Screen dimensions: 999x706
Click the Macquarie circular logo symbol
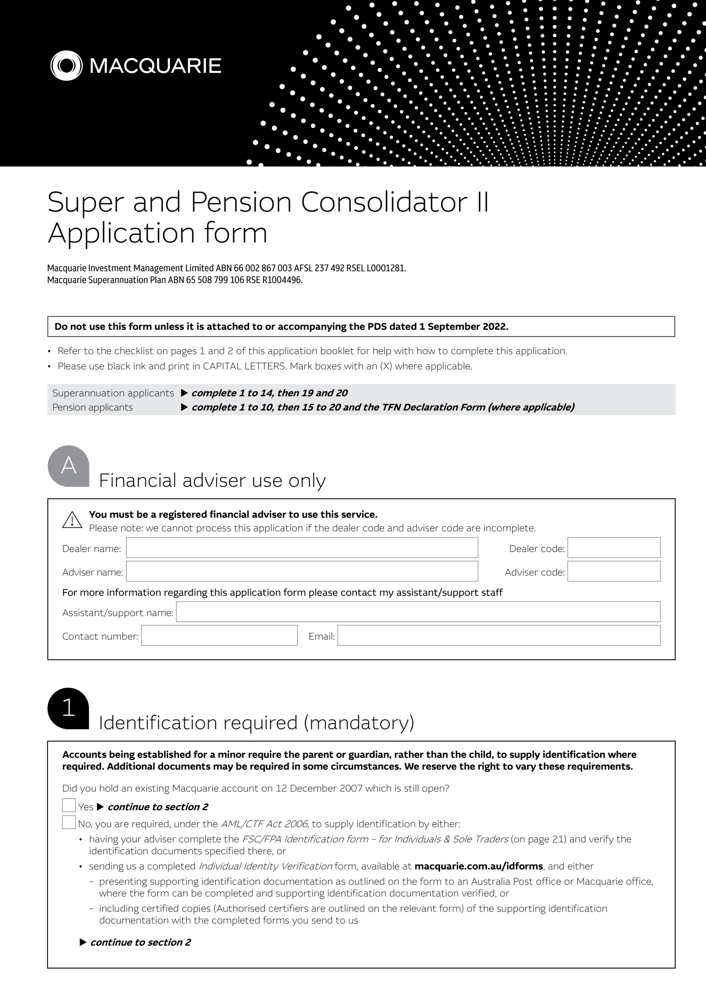pyautogui.click(x=66, y=66)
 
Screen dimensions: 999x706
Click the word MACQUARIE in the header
pyautogui.click(x=155, y=66)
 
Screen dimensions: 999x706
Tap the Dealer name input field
pyautogui.click(x=302, y=548)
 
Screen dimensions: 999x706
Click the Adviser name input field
pyautogui.click(x=302, y=571)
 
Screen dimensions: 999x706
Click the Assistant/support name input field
pyautogui.click(x=418, y=612)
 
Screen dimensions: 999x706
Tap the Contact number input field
pyautogui.click(x=219, y=636)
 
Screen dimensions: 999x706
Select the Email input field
pyautogui.click(x=498, y=636)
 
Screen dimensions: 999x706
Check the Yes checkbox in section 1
pyautogui.click(x=69, y=805)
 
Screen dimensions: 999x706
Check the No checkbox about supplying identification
pyautogui.click(x=69, y=822)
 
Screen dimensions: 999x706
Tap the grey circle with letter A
pyautogui.click(x=68, y=466)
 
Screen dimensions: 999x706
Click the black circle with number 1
pyautogui.click(x=68, y=708)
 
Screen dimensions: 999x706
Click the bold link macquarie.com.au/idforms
pyautogui.click(x=479, y=866)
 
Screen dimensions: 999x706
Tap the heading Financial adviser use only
pyautogui.click(x=212, y=481)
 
